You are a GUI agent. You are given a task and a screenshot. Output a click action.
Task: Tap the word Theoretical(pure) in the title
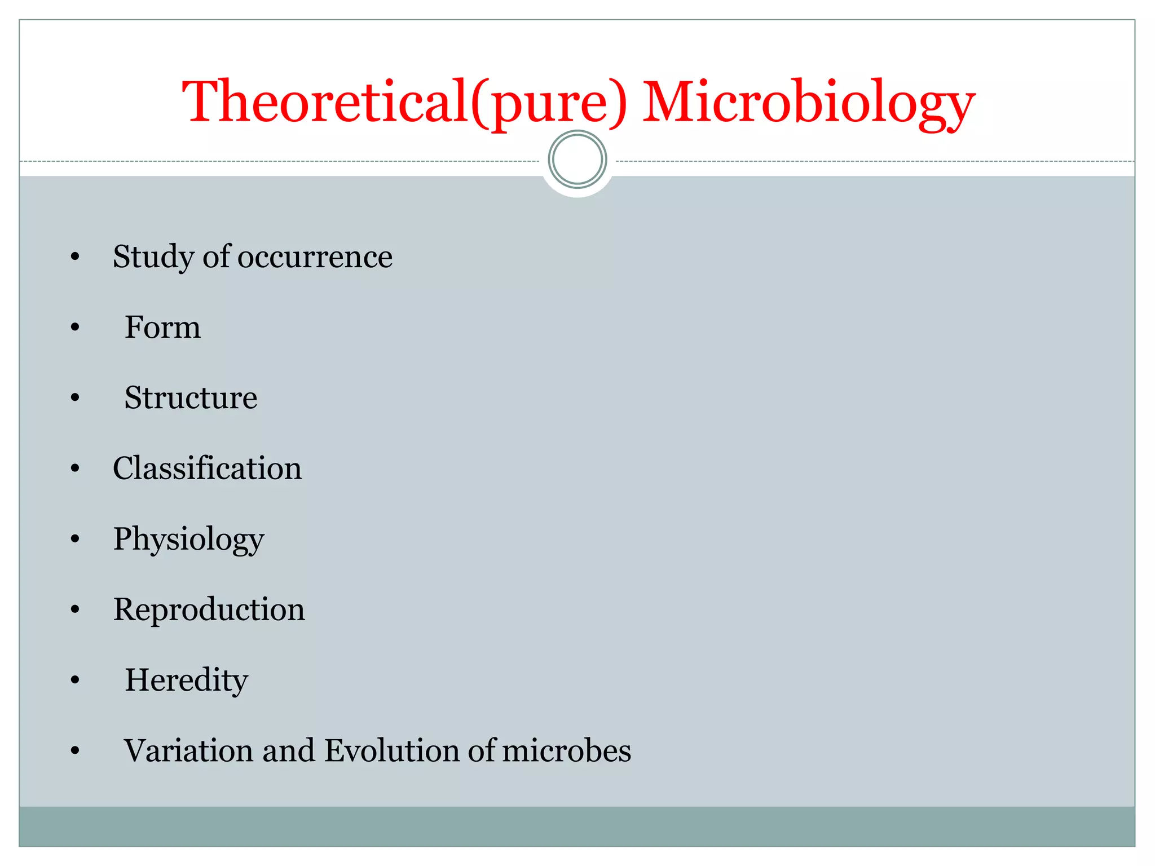click(x=404, y=103)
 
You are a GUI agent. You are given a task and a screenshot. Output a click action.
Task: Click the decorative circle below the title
click(x=577, y=160)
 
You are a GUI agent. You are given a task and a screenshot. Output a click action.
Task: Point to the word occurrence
click(x=315, y=257)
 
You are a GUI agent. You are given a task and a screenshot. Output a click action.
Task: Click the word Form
click(x=162, y=328)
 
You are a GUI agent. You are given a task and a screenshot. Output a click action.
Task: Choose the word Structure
click(x=191, y=398)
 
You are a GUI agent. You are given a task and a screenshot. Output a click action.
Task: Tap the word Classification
click(x=207, y=469)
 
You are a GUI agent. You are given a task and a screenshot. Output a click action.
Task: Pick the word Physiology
click(x=188, y=540)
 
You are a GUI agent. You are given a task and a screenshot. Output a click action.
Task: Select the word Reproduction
click(x=209, y=610)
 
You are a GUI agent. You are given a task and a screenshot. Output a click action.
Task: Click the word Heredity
click(x=186, y=681)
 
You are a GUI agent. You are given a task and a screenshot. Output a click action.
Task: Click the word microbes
click(x=566, y=751)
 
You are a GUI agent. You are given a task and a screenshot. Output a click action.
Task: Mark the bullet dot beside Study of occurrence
click(x=75, y=257)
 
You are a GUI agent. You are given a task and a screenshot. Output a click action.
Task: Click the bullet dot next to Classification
click(x=75, y=469)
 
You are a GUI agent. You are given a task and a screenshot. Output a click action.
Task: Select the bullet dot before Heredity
click(x=75, y=681)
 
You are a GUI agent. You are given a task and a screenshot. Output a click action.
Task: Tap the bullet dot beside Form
click(x=75, y=328)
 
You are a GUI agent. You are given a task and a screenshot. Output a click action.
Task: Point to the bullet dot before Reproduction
click(x=75, y=610)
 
